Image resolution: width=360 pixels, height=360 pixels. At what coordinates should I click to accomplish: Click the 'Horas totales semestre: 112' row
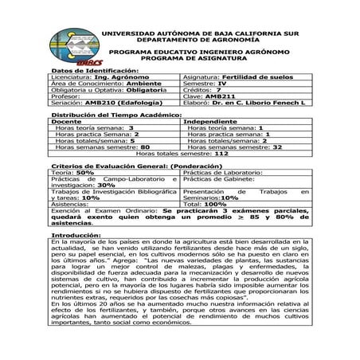(179, 153)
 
